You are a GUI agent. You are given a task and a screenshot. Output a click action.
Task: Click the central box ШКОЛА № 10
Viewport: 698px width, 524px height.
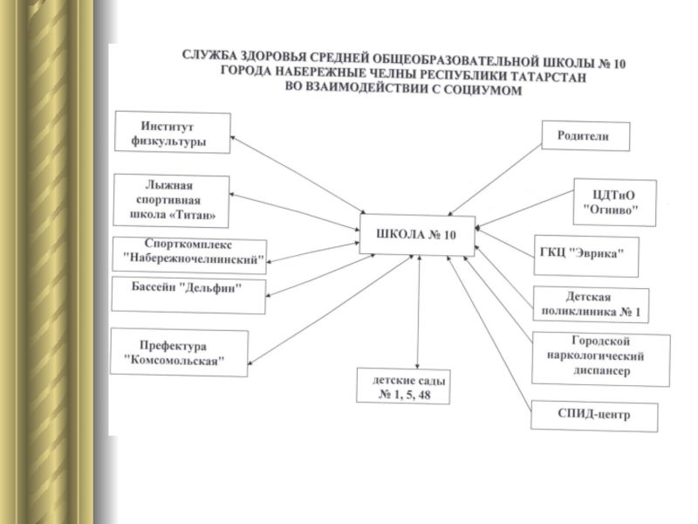416,235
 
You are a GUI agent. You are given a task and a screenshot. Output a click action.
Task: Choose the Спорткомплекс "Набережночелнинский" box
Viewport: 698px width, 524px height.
190,252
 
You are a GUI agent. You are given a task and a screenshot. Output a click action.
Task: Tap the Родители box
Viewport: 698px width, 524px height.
586,136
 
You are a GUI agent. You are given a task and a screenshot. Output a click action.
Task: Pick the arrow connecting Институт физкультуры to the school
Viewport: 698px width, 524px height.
297,175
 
